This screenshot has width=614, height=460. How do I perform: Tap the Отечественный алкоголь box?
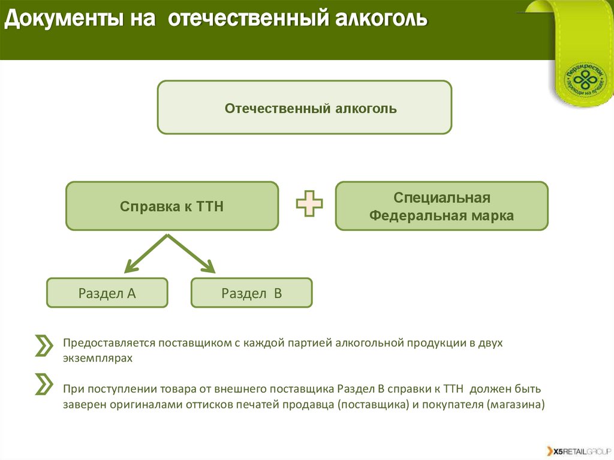pyautogui.click(x=304, y=107)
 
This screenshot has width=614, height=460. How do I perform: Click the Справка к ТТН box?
pyautogui.click(x=171, y=206)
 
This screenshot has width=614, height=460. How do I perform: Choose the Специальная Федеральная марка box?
pyautogui.click(x=441, y=206)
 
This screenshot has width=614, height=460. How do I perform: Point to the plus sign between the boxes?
pyautogui.click(x=309, y=204)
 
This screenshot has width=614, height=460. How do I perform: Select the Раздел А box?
pyautogui.click(x=107, y=293)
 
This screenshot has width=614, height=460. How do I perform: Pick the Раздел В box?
pyautogui.click(x=251, y=293)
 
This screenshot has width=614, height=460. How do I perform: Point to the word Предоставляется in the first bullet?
pyautogui.click(x=109, y=343)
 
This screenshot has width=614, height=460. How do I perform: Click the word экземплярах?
pyautogui.click(x=97, y=358)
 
